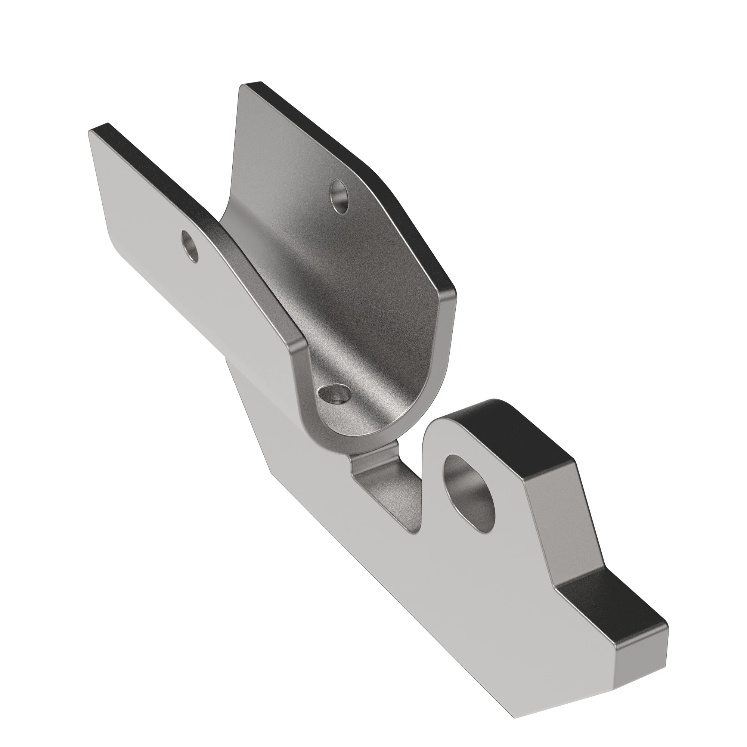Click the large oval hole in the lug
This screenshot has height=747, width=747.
tap(469, 491)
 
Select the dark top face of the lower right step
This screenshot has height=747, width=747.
tap(615, 603)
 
